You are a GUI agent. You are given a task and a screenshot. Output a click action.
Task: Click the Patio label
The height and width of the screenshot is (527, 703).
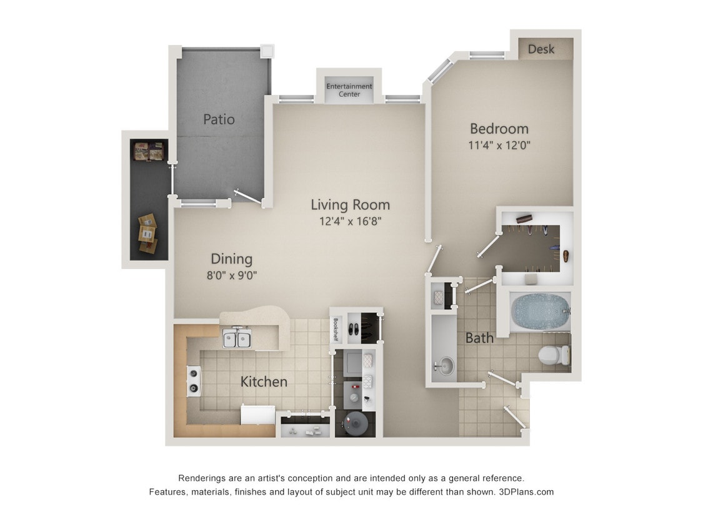click(x=219, y=119)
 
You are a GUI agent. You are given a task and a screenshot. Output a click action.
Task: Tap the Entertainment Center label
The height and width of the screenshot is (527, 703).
click(x=349, y=90)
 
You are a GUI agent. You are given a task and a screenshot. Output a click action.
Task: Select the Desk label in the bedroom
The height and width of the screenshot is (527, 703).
click(x=541, y=49)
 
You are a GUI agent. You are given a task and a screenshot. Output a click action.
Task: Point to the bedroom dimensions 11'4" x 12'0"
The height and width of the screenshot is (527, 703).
click(x=499, y=145)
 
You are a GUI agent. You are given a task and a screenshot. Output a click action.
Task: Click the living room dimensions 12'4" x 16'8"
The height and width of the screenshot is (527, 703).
click(x=350, y=220)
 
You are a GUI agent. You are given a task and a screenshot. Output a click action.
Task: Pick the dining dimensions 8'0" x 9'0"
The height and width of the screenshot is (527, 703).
click(x=232, y=275)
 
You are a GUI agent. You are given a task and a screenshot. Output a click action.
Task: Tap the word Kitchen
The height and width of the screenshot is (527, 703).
click(x=264, y=382)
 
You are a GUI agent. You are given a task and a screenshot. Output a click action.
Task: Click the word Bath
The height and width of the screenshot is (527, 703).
click(x=479, y=338)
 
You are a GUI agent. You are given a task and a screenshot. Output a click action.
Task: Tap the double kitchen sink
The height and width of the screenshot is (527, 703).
click(x=237, y=339)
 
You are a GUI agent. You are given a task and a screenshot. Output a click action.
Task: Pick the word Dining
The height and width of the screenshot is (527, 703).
click(x=231, y=259)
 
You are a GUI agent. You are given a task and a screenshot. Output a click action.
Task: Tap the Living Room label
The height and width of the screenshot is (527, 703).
click(x=350, y=204)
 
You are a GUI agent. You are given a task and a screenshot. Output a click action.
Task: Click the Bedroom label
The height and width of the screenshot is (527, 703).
click(x=499, y=129)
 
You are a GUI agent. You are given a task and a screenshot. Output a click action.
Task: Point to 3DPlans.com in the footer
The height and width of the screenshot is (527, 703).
click(x=526, y=491)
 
